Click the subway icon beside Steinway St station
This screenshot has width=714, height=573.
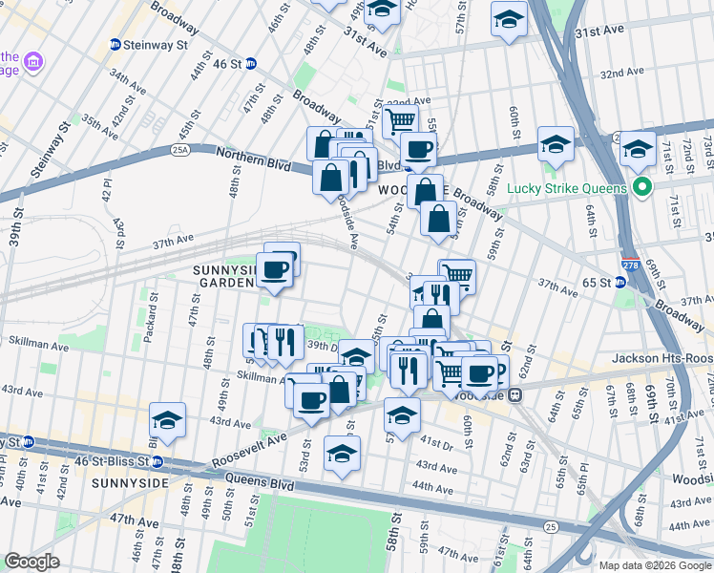(115, 44)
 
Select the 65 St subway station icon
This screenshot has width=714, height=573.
(620, 283)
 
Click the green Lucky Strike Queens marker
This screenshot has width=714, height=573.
(642, 187)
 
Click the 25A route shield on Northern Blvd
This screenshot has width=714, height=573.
(179, 150)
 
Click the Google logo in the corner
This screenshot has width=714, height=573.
(32, 562)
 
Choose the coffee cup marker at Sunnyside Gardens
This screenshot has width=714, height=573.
(275, 270)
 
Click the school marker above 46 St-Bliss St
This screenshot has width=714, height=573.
(167, 420)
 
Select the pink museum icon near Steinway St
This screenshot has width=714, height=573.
(34, 63)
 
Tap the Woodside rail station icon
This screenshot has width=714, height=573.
(514, 393)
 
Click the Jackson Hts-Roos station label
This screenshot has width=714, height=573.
(659, 358)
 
